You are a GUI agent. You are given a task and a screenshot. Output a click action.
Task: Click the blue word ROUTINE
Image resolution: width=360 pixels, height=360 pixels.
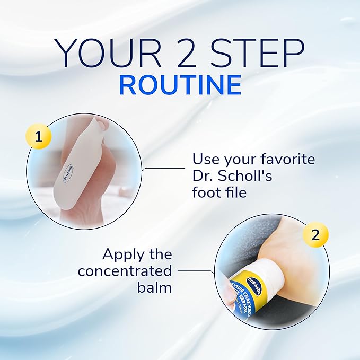pyautogui.click(x=180, y=85)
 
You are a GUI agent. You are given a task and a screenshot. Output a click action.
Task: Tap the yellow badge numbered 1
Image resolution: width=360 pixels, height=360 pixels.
pyautogui.click(x=38, y=137)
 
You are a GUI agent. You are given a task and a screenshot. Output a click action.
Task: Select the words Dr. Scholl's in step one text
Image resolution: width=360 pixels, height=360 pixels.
pyautogui.click(x=232, y=175)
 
